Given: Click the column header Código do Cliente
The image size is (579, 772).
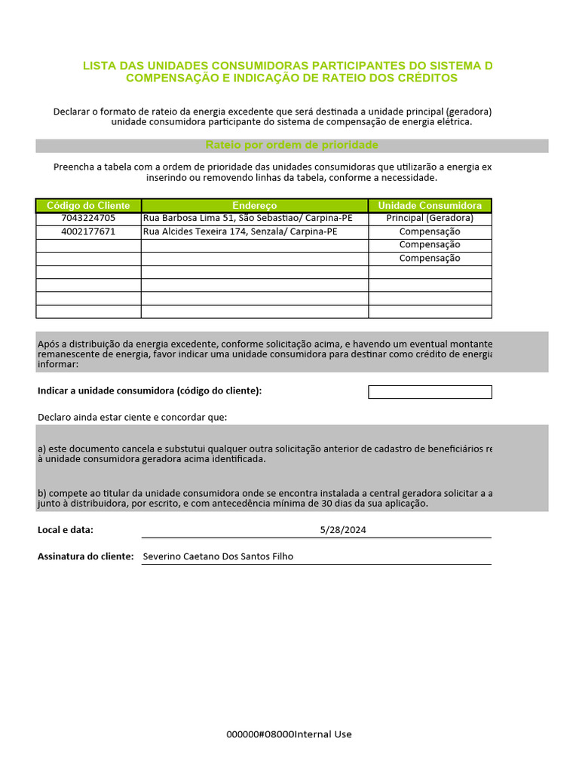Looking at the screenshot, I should click(88, 206).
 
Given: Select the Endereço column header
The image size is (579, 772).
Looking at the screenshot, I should click(254, 206).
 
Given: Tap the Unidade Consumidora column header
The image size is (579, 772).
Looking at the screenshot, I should click(430, 206).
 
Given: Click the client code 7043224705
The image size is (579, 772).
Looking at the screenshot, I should click(88, 219).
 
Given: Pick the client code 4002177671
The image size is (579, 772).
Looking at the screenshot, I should click(88, 232).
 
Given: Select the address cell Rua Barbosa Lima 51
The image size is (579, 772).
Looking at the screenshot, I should click(247, 219).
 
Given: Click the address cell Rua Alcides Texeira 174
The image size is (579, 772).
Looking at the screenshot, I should click(240, 232).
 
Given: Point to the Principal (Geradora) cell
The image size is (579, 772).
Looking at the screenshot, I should click(430, 219).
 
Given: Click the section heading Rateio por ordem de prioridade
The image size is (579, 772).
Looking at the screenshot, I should click(292, 146).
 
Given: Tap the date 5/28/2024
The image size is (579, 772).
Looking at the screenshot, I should click(343, 530).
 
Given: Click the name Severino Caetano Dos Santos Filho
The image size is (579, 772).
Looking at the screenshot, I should click(218, 557).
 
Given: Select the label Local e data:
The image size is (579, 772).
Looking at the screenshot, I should click(66, 530).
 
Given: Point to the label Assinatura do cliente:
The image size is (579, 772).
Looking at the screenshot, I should click(85, 557).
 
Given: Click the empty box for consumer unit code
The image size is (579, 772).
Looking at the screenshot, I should click(430, 392).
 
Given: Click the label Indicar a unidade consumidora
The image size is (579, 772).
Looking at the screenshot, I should click(149, 391).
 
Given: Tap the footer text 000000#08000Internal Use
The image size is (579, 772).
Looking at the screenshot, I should click(289, 735).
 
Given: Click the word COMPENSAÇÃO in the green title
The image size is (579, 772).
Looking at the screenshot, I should click(168, 78).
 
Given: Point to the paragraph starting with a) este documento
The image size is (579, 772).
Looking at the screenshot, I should click(264, 453).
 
